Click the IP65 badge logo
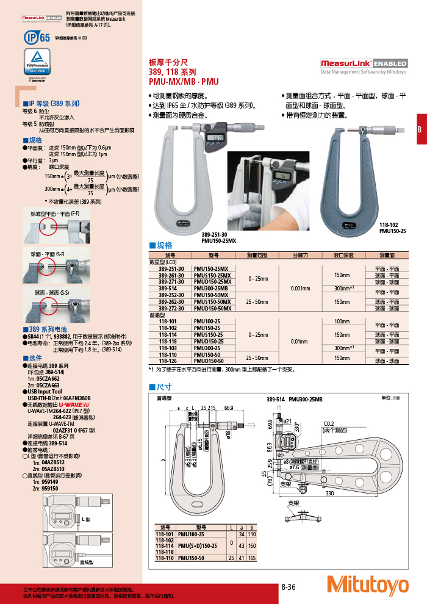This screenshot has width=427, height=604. point(37,38)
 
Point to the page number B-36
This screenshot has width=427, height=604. point(289,587)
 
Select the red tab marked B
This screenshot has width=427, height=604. point(420,129)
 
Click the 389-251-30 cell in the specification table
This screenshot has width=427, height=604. point(171,269)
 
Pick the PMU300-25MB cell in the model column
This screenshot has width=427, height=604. point(210,288)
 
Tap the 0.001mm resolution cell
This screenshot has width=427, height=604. point(301,288)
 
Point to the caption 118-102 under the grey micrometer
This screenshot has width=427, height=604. point(388,225)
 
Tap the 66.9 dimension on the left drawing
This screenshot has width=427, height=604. point(229,408)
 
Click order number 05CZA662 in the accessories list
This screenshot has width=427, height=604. point(50,379)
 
